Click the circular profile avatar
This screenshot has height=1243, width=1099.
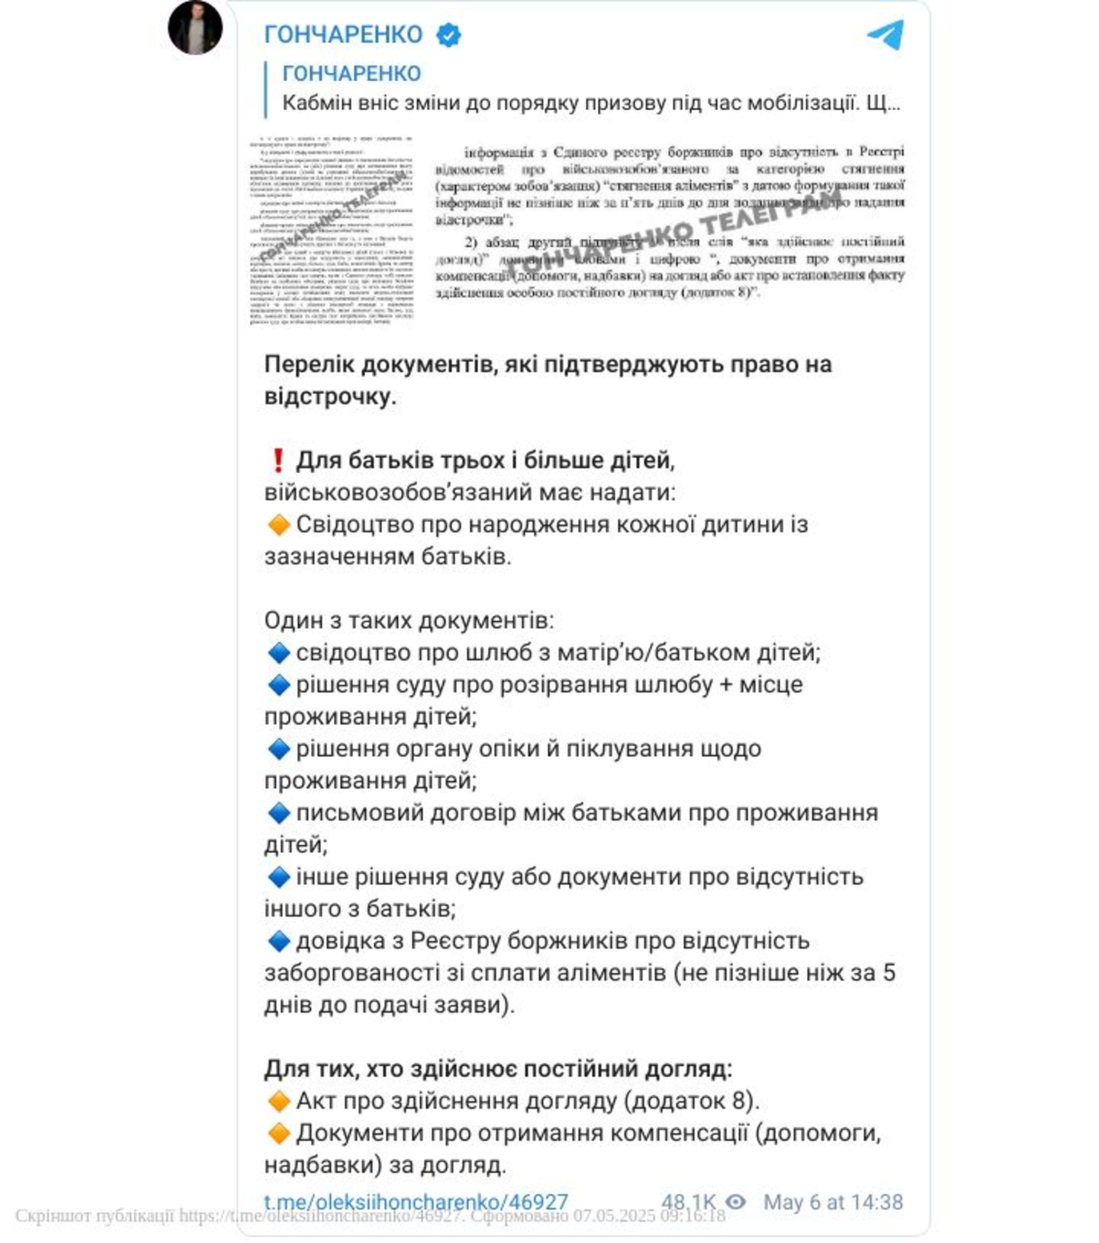pos(195,28)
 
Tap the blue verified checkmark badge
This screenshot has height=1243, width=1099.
pos(449,35)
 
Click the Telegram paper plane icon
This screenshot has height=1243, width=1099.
pos(885,35)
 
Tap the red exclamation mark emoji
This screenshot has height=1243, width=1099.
pos(278,461)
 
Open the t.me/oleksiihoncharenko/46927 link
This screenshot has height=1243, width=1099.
pos(416,1202)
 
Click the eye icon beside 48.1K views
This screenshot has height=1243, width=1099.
pos(736,1202)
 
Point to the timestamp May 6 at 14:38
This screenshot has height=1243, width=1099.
pos(832,1202)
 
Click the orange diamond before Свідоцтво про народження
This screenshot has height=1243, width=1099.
pos(279,524)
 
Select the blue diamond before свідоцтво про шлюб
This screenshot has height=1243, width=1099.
pos(279,653)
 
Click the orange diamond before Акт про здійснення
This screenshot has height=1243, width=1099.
pos(279,1101)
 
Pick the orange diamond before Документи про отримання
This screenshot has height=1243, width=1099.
pos(279,1133)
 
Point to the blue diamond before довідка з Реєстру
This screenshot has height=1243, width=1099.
pos(279,941)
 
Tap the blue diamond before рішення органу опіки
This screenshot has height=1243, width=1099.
pos(279,749)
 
